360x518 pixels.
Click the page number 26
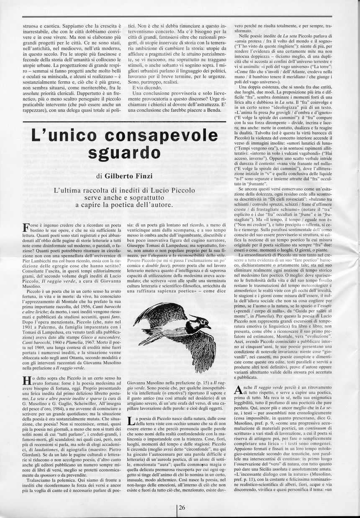[x=182, y=507]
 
